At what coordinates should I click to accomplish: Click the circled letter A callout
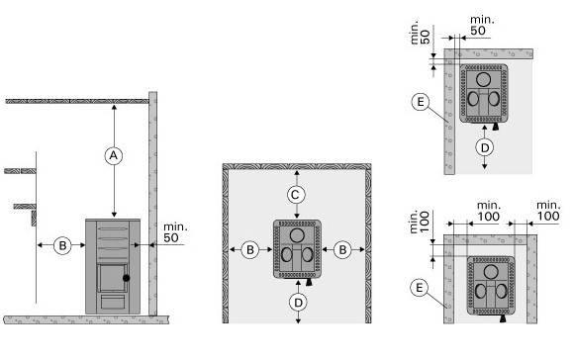tap(114, 155)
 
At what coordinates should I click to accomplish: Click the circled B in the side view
tap(62, 245)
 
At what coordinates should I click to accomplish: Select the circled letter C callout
tap(296, 195)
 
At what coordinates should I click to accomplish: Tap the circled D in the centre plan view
tap(298, 303)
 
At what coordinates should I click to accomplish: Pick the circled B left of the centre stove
tap(250, 250)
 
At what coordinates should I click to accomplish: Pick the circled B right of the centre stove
tap(342, 250)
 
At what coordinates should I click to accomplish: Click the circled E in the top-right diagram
tap(421, 102)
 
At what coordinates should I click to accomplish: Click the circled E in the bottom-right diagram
tap(420, 288)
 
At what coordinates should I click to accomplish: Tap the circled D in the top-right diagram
tap(485, 147)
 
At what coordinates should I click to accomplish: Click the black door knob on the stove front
tap(127, 278)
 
